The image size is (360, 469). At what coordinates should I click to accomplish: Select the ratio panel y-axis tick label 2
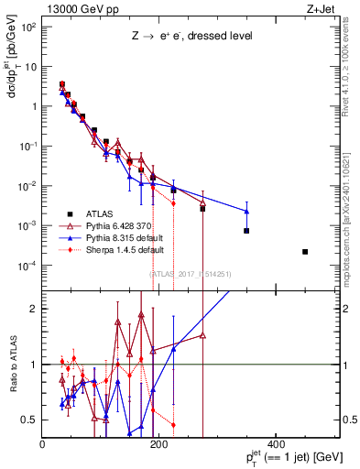click(x=35, y=309)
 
